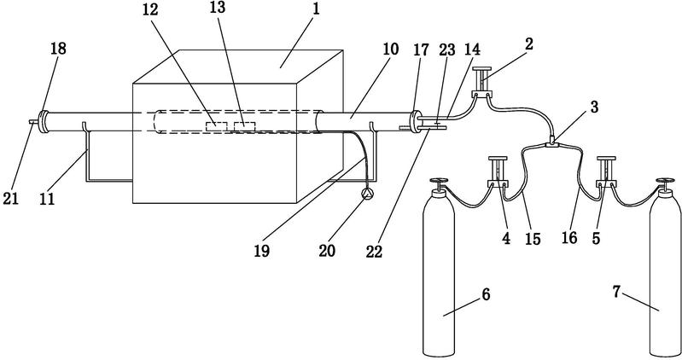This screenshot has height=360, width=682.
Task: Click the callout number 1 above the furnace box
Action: coord(316,9)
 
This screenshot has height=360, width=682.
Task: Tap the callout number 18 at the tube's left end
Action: coord(58,49)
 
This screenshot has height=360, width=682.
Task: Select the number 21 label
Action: coord(11,198)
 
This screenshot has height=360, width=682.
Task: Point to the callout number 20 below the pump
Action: coord(327,250)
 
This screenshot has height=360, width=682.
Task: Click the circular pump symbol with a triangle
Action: coord(367,195)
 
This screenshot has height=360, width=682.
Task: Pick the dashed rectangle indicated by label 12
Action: coord(216,126)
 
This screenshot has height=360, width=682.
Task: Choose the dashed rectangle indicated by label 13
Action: coord(244,126)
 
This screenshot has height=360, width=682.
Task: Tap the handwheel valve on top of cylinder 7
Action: coord(664,185)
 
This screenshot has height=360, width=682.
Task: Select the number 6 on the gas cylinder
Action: coord(486,294)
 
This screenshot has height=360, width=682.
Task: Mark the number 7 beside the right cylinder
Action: coord(616,292)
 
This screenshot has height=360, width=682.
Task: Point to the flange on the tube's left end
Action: coord(44,121)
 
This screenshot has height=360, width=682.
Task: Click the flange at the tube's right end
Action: coord(415,121)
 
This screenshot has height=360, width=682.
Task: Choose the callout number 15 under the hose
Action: coord(533,238)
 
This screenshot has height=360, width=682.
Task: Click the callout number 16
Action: coord(569,237)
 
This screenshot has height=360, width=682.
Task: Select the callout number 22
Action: coord(374,251)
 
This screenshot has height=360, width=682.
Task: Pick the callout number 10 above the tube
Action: coord(391,49)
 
